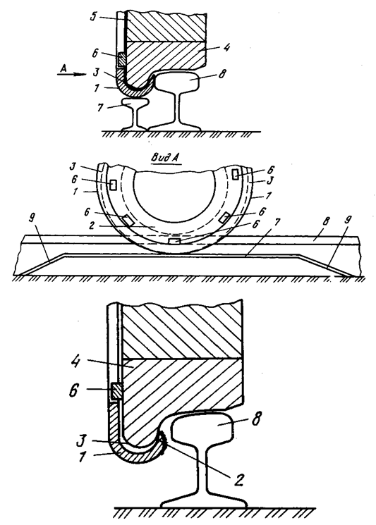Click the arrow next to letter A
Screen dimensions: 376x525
pyautogui.click(x=71, y=75)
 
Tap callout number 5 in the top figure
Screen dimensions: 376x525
pyautogui.click(x=94, y=16)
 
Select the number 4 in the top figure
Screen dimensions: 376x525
pyautogui.click(x=226, y=47)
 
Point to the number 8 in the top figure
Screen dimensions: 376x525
pyautogui.click(x=222, y=75)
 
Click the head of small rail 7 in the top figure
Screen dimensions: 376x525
pyautogui.click(x=135, y=102)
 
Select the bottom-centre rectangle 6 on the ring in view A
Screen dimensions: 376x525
pyautogui.click(x=174, y=242)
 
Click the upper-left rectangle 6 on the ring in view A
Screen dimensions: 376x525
pyautogui.click(x=114, y=185)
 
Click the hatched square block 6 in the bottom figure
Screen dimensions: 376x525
pyautogui.click(x=116, y=390)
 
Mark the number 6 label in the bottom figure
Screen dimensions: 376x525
pyautogui.click(x=75, y=390)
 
